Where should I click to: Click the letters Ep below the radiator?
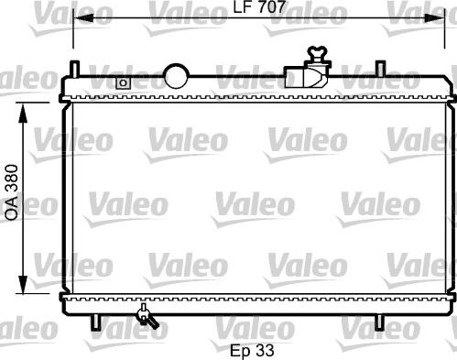point(239,349)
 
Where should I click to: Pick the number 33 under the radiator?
point(266,349)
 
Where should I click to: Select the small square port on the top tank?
point(123,82)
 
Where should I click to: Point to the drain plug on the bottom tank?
point(145,318)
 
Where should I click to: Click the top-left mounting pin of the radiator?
point(73,71)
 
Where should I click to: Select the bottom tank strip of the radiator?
point(256,299)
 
